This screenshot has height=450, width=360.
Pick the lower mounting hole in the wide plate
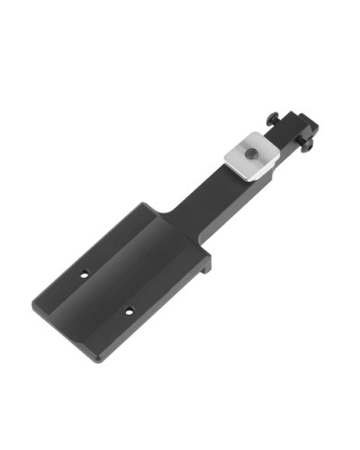[x=129, y=311]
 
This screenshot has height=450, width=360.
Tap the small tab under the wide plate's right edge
[x=209, y=263]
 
